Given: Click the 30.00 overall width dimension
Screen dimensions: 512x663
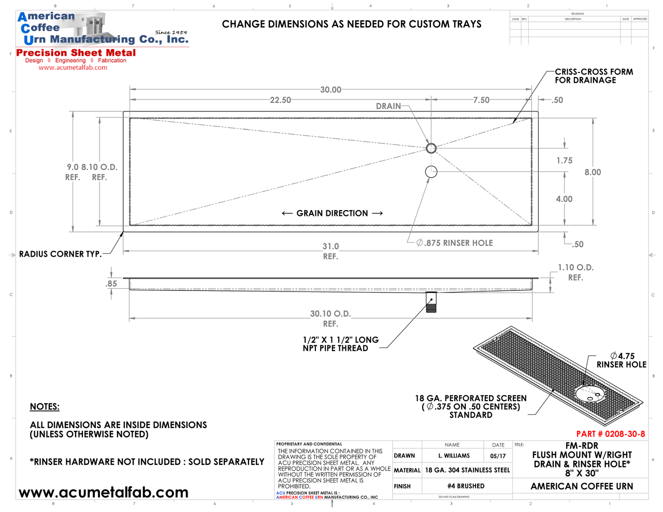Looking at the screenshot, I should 330,90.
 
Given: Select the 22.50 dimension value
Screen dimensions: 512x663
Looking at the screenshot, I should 280,100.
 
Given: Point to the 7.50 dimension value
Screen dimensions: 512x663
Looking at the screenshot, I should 481,100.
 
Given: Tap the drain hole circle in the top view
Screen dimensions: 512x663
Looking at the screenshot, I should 431,149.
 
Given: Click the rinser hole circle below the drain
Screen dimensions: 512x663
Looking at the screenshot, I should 431,171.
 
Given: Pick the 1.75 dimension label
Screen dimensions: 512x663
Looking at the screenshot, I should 564,160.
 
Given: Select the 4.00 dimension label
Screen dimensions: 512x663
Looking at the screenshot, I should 564,199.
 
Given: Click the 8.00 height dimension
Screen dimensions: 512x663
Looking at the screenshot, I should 593,172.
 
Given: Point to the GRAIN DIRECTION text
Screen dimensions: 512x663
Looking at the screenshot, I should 332,213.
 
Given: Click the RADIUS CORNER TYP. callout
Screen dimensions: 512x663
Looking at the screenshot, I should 60,254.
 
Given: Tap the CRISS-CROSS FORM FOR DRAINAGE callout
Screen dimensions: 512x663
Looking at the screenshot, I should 594,76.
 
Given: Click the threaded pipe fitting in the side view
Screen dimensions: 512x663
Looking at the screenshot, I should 431,302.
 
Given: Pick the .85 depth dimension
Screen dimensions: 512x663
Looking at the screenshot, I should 111,284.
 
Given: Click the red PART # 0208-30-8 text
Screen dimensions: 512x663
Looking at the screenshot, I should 611,434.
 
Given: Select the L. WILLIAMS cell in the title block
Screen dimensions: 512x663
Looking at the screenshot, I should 454,456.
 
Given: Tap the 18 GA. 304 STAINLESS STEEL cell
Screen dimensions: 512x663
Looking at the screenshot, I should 467,470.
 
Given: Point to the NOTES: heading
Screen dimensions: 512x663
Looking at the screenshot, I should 45,407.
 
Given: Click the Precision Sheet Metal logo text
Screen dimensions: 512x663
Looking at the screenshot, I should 76,53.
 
